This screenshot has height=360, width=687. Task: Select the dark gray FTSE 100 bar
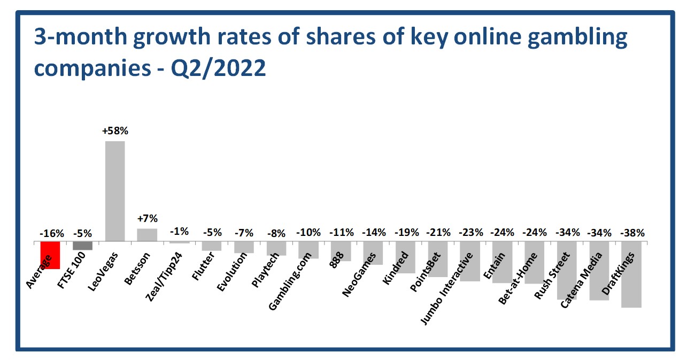coord(82,246)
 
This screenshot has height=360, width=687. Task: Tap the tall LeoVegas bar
coord(115,191)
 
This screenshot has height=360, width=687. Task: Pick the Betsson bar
coord(147,235)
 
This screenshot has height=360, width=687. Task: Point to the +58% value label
coord(115,131)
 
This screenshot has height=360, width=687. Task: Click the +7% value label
coord(147,219)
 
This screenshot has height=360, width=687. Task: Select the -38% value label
coord(632,233)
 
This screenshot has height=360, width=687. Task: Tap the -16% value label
coord(52,233)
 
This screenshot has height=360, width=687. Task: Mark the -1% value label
coord(179,232)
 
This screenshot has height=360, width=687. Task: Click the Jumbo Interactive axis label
coord(448,289)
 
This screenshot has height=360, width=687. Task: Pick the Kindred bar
coord(405,257)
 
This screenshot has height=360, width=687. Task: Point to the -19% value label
coord(406,233)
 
